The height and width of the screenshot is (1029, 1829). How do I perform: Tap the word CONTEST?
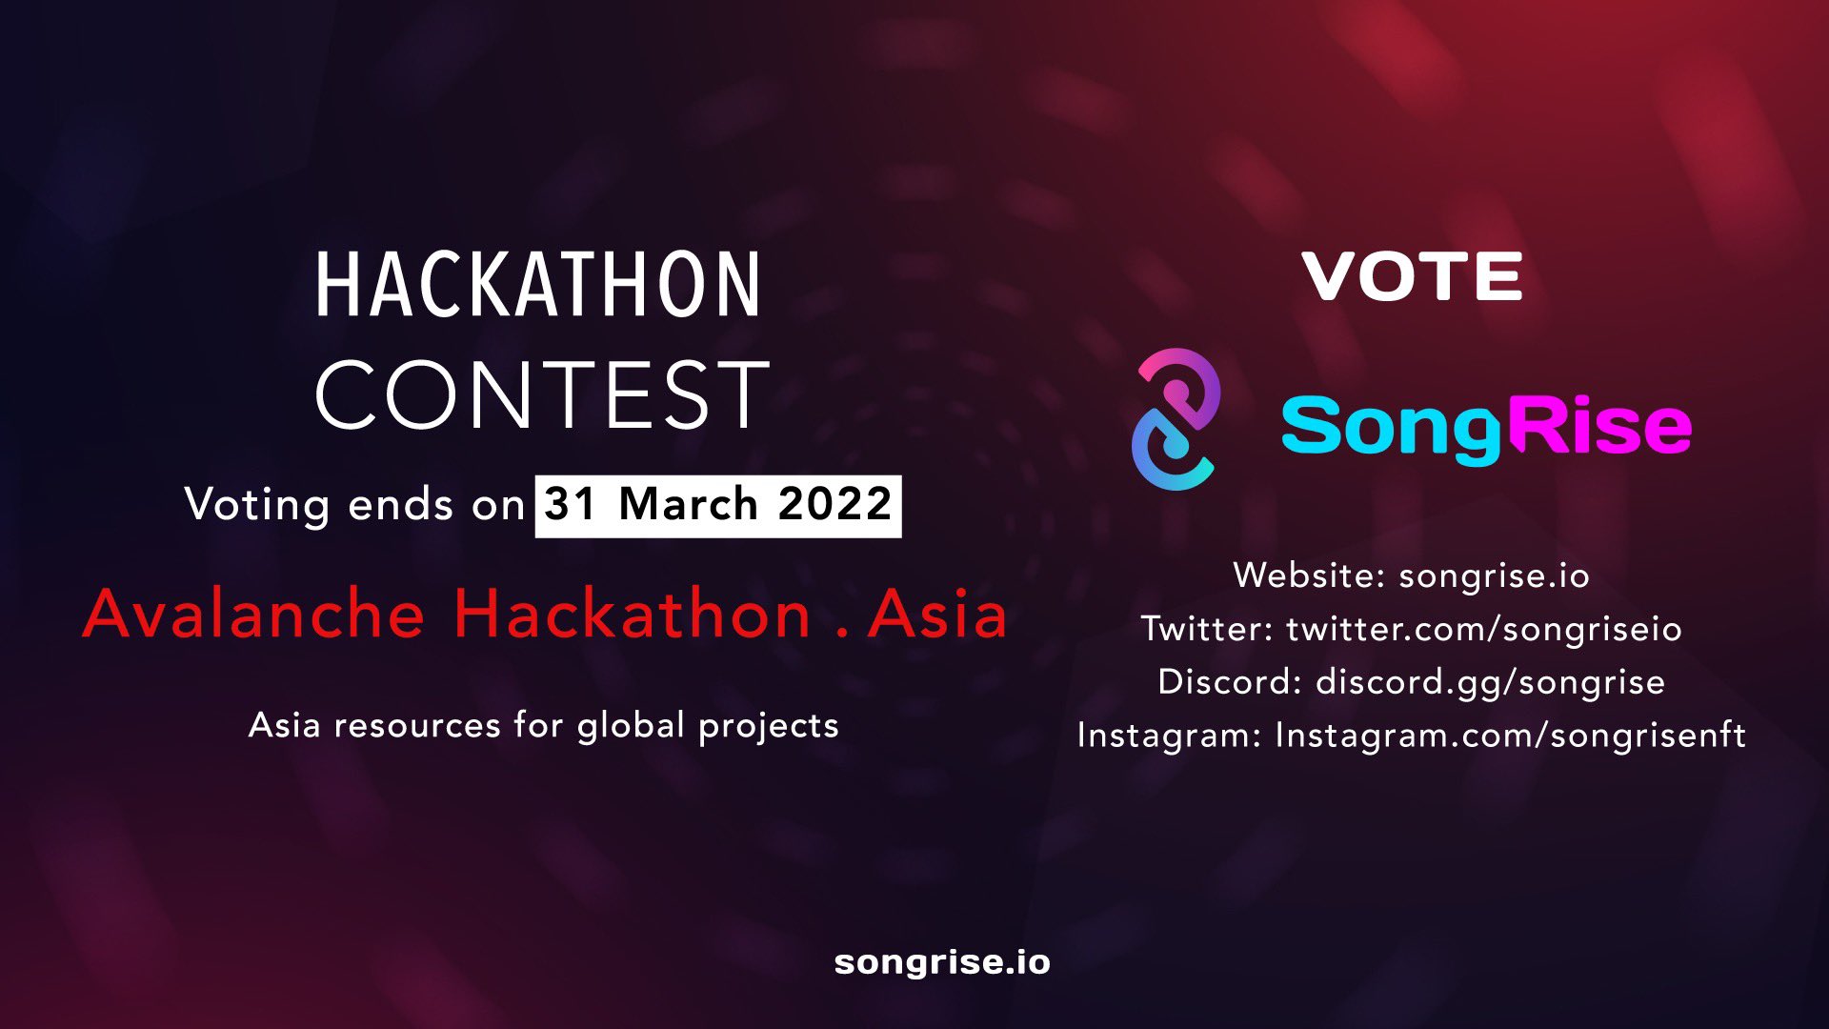(x=541, y=394)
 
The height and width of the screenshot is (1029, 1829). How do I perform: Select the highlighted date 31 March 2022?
(x=718, y=505)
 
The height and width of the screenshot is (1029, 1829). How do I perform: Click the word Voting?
(x=257, y=505)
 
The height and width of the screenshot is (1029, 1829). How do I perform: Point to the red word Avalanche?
(x=253, y=615)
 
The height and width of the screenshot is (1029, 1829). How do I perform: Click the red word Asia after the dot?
(x=937, y=615)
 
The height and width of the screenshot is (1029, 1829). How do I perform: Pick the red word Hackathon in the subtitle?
(x=632, y=615)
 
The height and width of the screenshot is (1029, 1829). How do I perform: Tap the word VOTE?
(x=1412, y=277)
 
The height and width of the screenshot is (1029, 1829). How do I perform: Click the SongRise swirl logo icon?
(x=1176, y=419)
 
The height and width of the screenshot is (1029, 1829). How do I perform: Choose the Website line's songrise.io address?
(x=1494, y=575)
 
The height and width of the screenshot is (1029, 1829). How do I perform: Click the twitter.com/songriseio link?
(x=1483, y=629)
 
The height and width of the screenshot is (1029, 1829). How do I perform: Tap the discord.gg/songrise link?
(x=1490, y=682)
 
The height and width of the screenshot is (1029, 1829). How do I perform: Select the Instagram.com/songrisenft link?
(x=1510, y=736)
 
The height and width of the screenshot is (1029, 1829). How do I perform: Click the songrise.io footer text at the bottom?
(x=942, y=962)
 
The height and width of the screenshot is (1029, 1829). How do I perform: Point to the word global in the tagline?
(x=631, y=726)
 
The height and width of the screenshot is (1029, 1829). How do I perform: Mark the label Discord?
(x=1230, y=682)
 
